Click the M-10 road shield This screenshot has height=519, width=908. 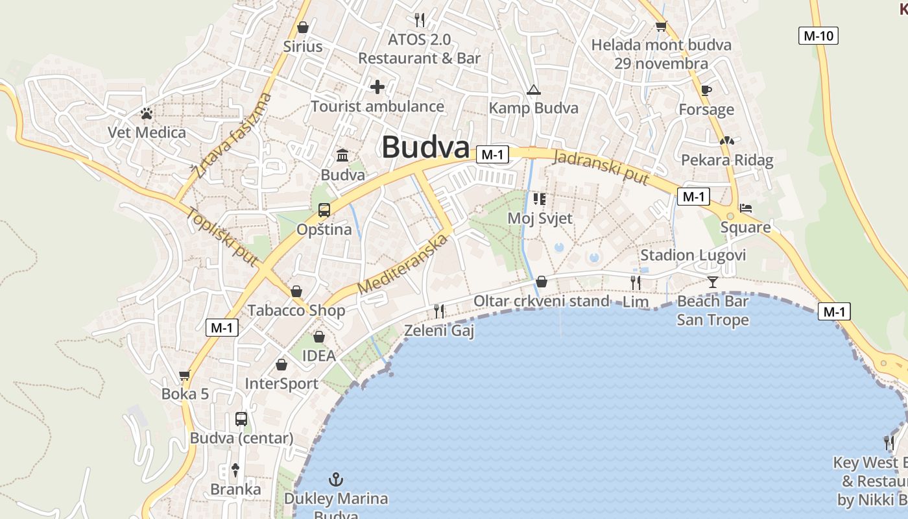pos(818,36)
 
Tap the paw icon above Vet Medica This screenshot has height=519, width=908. pos(147,114)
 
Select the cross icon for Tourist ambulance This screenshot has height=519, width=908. pos(377,87)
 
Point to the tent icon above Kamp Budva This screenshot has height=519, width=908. pos(533,90)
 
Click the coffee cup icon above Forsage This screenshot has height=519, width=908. pos(706,90)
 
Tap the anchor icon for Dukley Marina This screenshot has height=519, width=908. pos(336,480)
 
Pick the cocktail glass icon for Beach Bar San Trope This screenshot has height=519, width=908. pos(713,282)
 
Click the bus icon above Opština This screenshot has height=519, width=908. pos(324,210)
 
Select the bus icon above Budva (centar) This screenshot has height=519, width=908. pos(241,419)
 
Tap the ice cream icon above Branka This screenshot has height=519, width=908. pos(235,470)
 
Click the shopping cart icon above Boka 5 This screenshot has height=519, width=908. pos(185,375)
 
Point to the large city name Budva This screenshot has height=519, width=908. pos(425,147)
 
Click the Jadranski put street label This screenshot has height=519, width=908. pos(601,167)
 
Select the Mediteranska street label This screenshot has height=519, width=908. pos(403,263)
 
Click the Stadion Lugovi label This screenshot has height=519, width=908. pos(693,255)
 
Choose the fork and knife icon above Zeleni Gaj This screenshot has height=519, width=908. pos(439,311)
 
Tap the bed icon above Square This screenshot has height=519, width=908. pos(746,208)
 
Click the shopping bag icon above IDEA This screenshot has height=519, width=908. pos(318,337)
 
